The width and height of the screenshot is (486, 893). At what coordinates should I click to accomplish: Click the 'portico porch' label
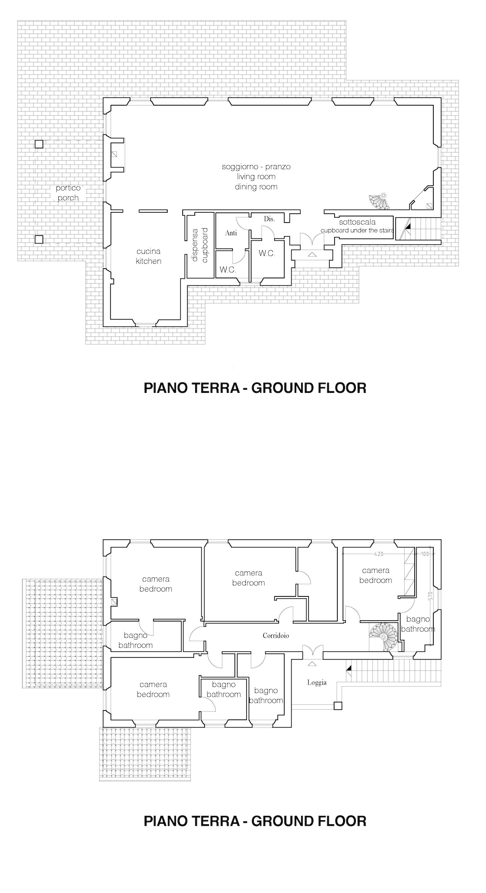click(x=68, y=193)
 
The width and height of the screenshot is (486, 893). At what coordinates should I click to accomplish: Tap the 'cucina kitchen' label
click(x=148, y=256)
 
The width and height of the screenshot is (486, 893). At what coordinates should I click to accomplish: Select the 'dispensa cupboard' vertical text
click(x=200, y=245)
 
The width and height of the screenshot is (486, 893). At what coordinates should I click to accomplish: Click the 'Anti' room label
click(x=231, y=233)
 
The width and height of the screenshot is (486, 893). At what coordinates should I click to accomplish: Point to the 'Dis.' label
click(x=269, y=219)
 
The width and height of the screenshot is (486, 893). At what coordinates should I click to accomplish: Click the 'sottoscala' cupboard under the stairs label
click(x=357, y=226)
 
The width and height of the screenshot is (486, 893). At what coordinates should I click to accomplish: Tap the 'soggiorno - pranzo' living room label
click(x=256, y=176)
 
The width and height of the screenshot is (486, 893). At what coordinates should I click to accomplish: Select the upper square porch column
click(x=39, y=144)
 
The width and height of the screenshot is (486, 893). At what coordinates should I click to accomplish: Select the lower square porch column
click(x=39, y=240)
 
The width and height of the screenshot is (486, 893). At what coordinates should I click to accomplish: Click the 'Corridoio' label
click(x=276, y=636)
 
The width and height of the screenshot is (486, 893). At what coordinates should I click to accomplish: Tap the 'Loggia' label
click(x=317, y=683)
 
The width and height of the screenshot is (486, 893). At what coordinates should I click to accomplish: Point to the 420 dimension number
click(x=378, y=554)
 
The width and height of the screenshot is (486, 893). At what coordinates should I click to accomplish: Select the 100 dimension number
click(x=424, y=554)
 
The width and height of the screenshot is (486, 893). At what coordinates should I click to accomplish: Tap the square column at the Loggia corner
click(x=338, y=706)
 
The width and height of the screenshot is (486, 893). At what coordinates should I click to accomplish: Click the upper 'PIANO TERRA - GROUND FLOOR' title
click(x=255, y=388)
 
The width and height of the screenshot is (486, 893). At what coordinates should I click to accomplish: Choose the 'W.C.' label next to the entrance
click(x=267, y=253)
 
